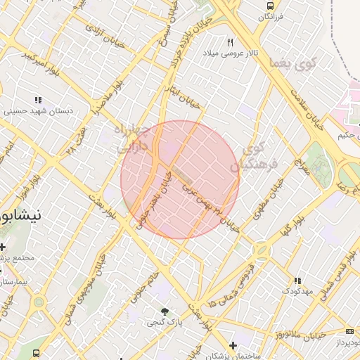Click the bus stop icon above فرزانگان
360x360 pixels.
click(x=269, y=6)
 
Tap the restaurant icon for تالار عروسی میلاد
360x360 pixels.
click(x=229, y=42)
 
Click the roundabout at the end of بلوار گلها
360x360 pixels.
click(x=262, y=250)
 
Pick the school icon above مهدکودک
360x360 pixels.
click(x=297, y=280)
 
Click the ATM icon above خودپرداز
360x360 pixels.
click(x=350, y=331)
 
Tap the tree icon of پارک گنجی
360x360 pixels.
click(x=165, y=311)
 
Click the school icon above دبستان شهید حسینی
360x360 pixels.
click(x=38, y=100)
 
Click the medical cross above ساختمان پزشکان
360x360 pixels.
click(x=233, y=345)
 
